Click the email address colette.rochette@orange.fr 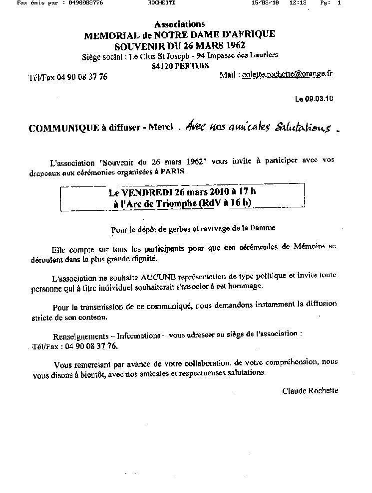287,74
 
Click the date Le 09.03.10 314,99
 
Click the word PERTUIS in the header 192,66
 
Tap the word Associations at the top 179,24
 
